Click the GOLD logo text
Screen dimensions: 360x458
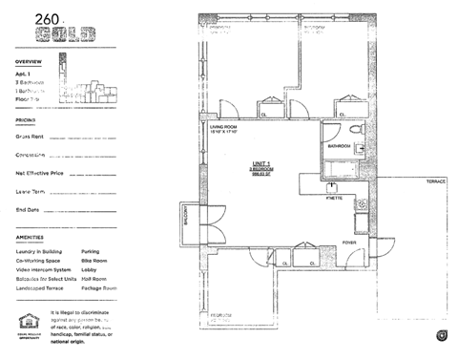[64, 35]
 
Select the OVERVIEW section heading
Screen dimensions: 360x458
[29, 60]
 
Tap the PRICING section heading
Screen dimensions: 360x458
[26, 120]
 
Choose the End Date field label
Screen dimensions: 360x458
[28, 209]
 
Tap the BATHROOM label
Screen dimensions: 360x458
[340, 147]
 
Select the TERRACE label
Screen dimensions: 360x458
[436, 180]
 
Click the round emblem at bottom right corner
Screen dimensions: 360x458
[442, 334]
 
